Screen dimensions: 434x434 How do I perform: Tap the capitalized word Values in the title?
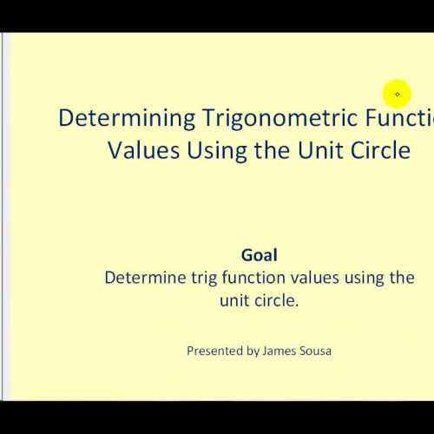point(142,149)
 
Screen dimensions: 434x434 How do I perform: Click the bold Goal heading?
point(260,255)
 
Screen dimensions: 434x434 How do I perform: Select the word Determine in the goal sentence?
point(141,278)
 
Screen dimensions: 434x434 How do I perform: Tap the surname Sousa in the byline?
point(318,352)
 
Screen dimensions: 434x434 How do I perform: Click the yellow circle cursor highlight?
point(397,94)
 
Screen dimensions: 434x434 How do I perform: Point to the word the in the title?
point(271,149)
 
